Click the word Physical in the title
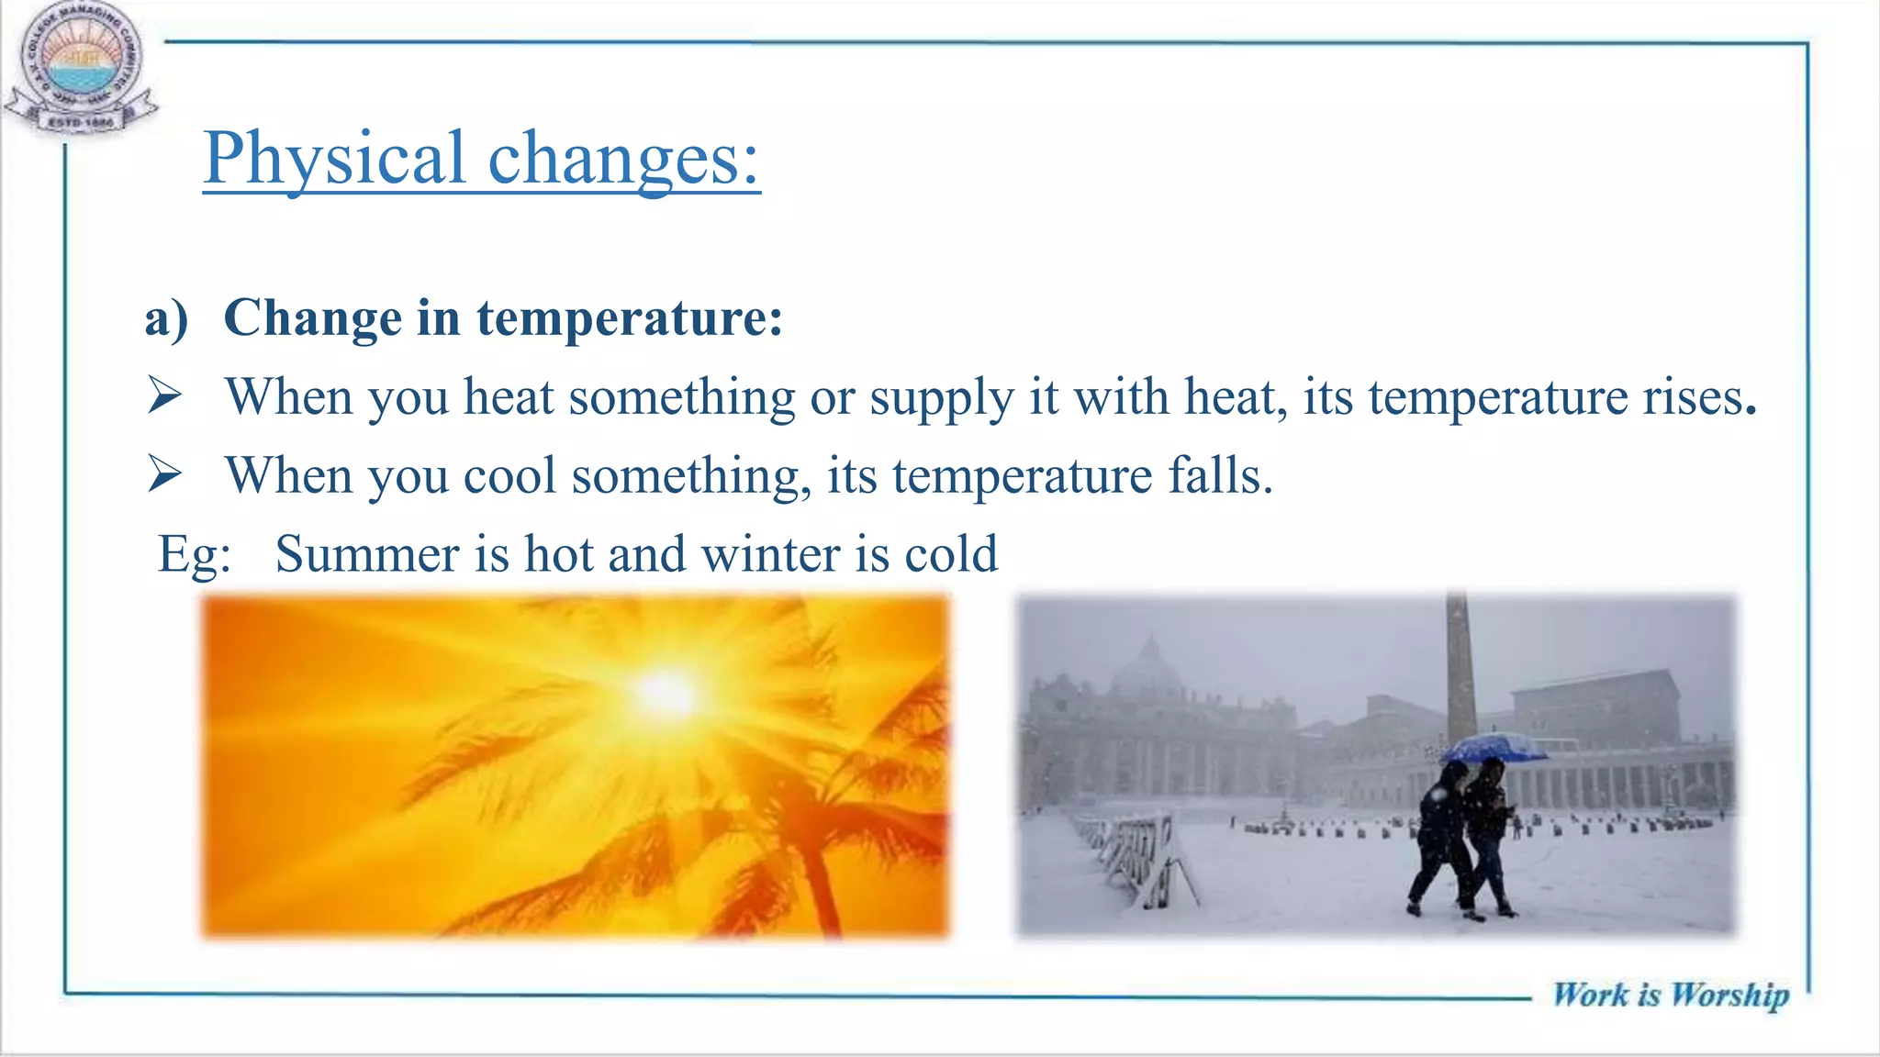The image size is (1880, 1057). [334, 158]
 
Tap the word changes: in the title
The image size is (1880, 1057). [623, 158]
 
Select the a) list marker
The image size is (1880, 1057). [166, 318]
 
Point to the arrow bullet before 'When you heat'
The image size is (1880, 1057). [164, 396]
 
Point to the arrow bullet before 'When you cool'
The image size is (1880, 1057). [164, 474]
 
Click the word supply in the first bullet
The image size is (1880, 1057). [941, 398]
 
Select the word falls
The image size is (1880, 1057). [1220, 475]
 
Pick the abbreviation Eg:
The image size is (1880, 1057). [194, 554]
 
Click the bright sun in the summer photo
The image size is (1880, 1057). [666, 693]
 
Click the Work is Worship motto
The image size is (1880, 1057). [1670, 995]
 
